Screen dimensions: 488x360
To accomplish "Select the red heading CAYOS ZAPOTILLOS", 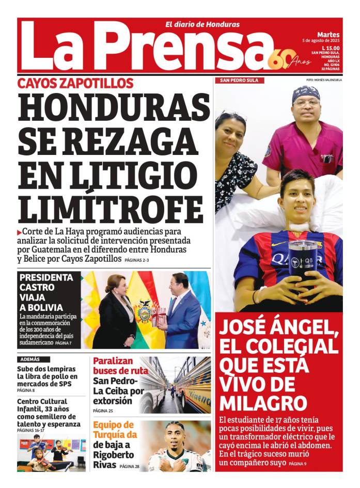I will (75, 83).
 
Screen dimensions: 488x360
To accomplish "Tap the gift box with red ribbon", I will (160, 315).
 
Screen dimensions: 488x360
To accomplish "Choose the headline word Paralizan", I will (113, 361).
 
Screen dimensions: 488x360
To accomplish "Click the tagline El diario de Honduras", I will (202, 24).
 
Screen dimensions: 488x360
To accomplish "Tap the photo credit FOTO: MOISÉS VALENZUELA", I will (324, 80).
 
